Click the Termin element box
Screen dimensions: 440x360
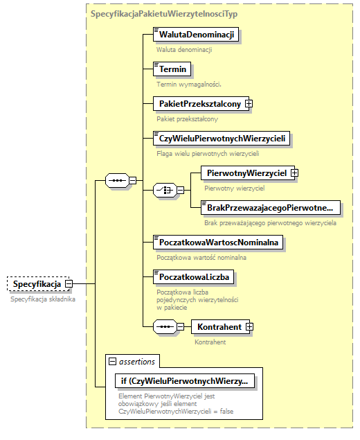pyautogui.click(x=172, y=69)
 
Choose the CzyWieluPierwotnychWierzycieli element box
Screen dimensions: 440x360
pyautogui.click(x=221, y=139)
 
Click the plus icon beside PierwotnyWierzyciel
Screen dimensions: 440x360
pyautogui.click(x=294, y=172)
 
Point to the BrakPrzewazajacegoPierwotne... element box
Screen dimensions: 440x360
pyautogui.click(x=269, y=206)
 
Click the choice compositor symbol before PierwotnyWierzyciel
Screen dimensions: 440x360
pyautogui.click(x=163, y=189)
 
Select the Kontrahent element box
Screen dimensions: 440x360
pyautogui.click(x=219, y=326)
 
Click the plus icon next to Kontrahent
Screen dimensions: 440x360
pyautogui.click(x=249, y=326)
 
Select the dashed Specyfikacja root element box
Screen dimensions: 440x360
pyautogui.click(x=36, y=283)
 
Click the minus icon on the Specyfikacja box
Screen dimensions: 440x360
pyautogui.click(x=69, y=283)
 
